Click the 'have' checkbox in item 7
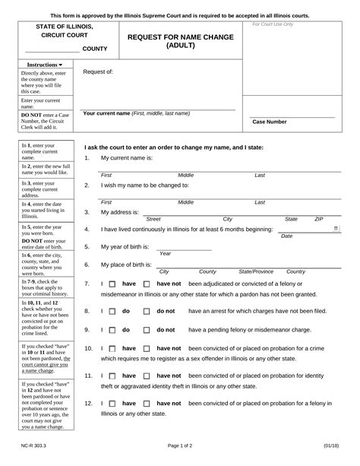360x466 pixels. pyautogui.click(x=112, y=284)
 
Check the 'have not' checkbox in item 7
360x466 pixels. pyautogui.click(x=147, y=284)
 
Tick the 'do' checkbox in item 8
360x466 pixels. pyautogui.click(x=112, y=311)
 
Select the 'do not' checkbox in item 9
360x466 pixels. pyautogui.click(x=147, y=330)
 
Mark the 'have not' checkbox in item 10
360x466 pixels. pyautogui.click(x=147, y=348)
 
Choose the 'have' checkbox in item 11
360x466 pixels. pyautogui.click(x=112, y=376)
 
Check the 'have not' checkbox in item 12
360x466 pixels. pyautogui.click(x=147, y=404)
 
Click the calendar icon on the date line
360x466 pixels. pyautogui.click(x=336, y=227)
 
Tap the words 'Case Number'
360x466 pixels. pyautogui.click(x=269, y=122)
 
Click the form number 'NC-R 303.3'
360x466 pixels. pyautogui.click(x=36, y=453)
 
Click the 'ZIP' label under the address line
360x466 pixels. pyautogui.click(x=320, y=219)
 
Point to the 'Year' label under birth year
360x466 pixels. pyautogui.click(x=165, y=254)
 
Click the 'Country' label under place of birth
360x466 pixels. pyautogui.click(x=296, y=271)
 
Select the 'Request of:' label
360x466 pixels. pyautogui.click(x=98, y=72)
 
